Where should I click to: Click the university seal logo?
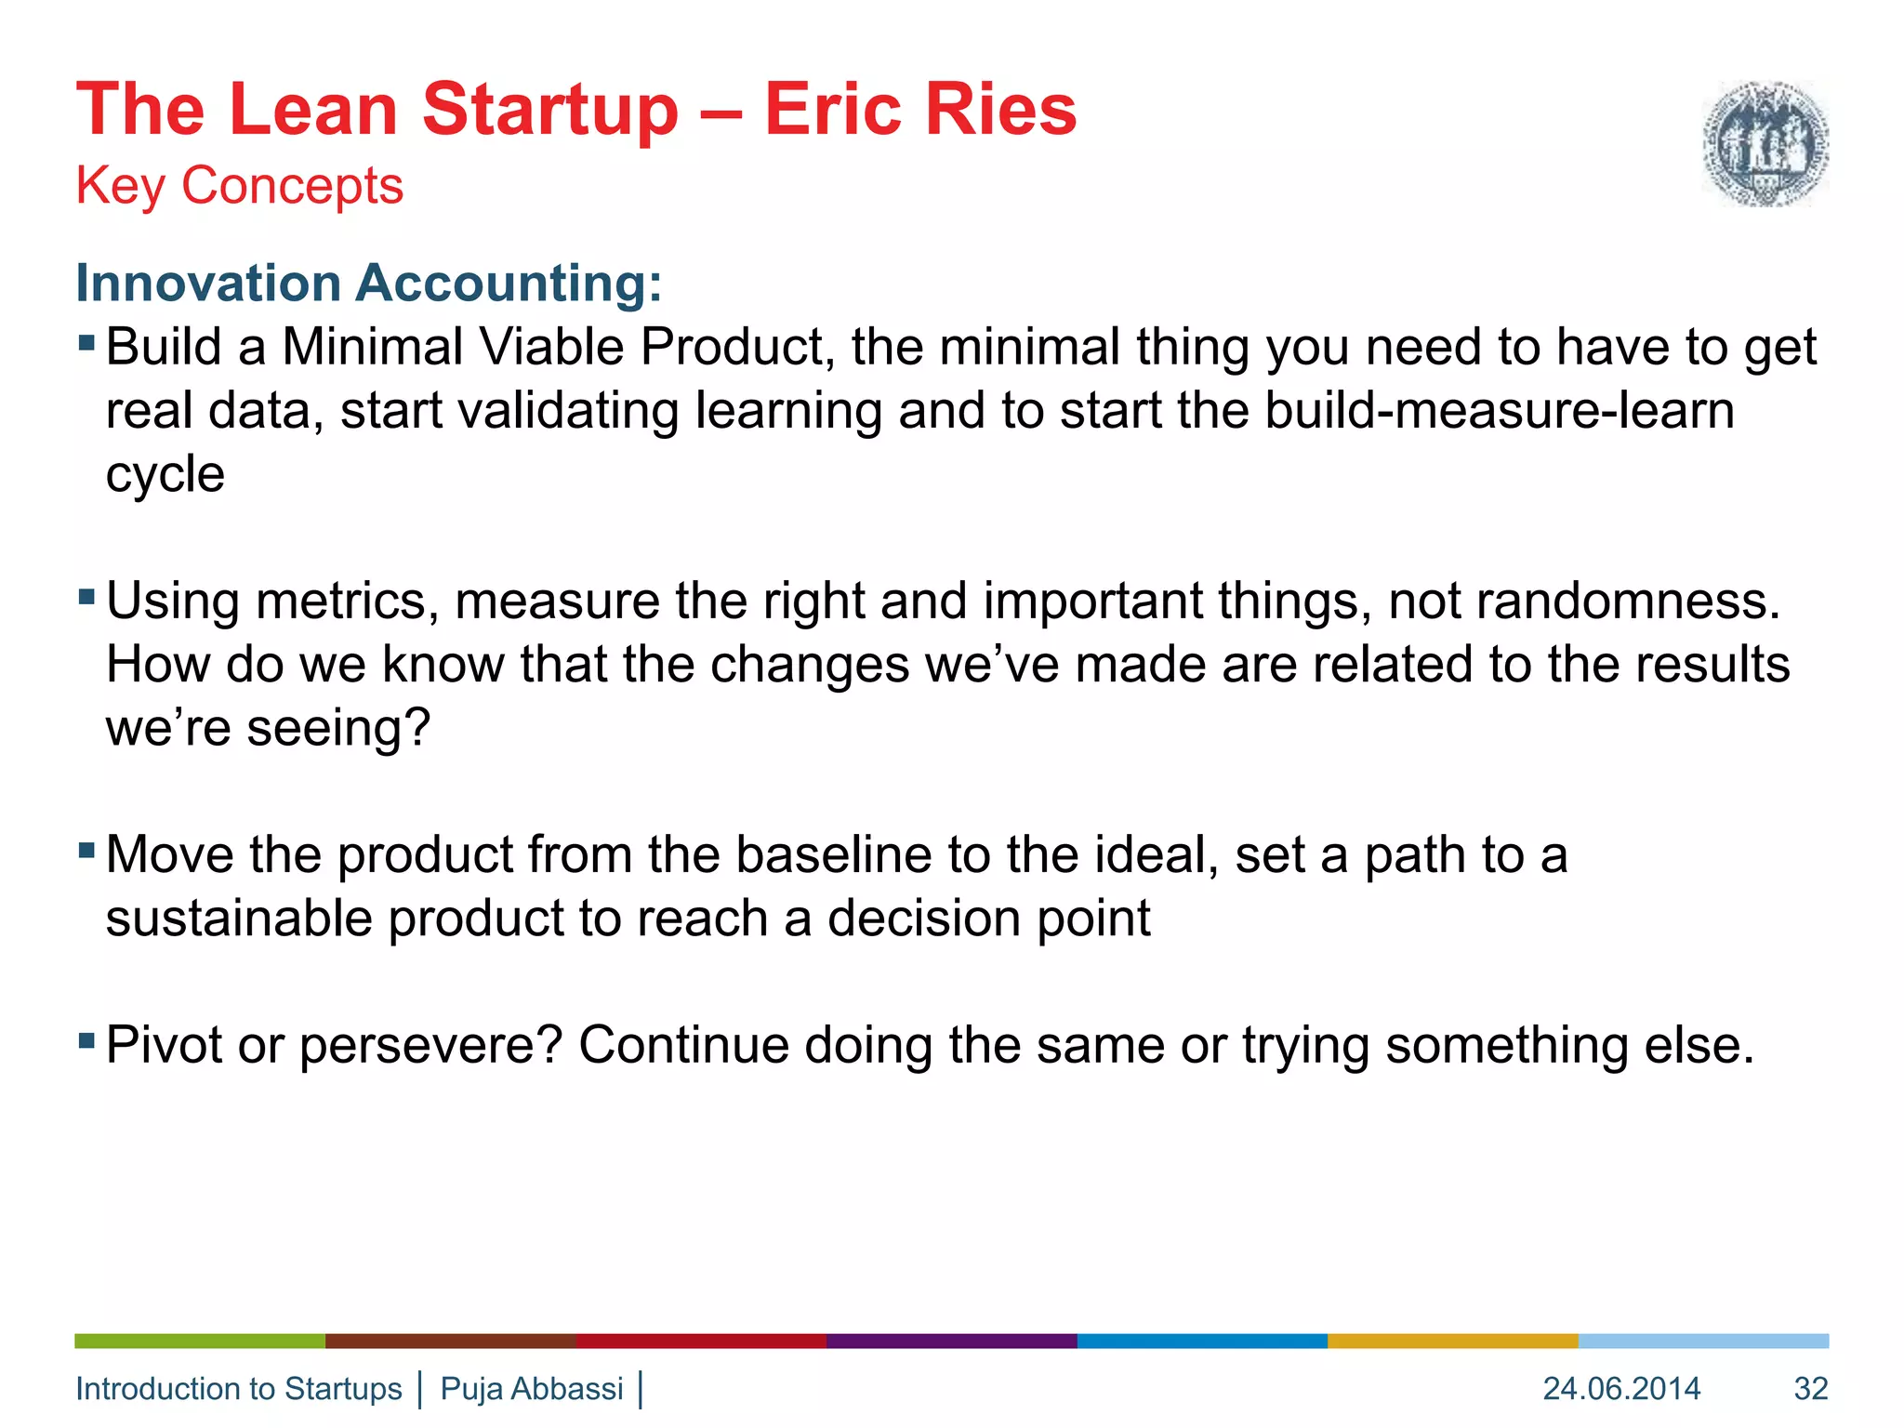1765,143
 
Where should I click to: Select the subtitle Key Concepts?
239,185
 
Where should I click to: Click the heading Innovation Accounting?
368,283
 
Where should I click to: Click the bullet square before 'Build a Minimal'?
87,344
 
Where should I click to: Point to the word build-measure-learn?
1499,411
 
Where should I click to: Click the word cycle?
165,476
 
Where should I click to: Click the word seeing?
338,728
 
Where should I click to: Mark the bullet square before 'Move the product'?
87,850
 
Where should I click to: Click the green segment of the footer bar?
200,1341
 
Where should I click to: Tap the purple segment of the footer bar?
951,1341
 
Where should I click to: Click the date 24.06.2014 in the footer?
1621,1389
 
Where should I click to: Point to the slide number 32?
1810,1389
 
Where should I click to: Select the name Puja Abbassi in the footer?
532,1389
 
